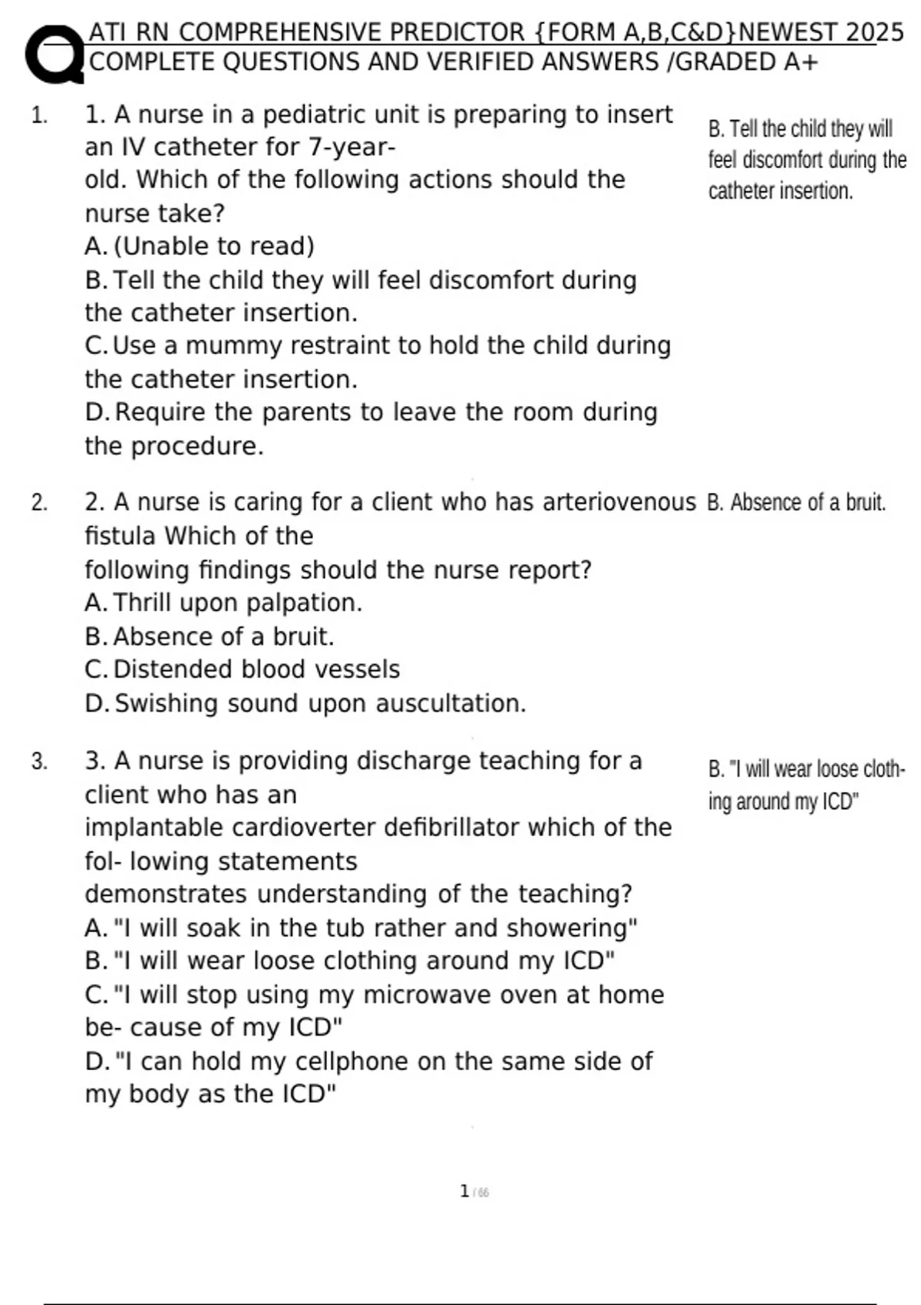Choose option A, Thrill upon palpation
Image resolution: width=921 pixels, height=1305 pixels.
point(223,603)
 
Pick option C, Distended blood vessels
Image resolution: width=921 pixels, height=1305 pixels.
point(243,669)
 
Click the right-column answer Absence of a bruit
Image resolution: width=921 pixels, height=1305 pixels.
point(796,503)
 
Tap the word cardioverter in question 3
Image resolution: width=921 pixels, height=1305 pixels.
point(304,828)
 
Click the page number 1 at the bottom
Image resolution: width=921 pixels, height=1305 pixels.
point(464,1191)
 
